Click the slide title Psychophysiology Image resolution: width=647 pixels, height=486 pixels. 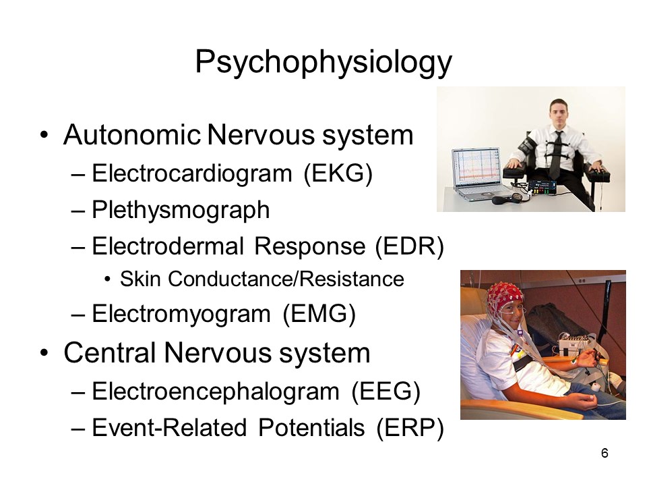click(x=323, y=62)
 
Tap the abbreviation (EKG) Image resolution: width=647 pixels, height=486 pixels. click(x=338, y=173)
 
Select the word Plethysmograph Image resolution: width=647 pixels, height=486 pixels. click(x=181, y=210)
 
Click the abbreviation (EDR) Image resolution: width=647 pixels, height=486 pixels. click(x=409, y=246)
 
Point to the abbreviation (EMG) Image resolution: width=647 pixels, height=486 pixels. click(x=319, y=314)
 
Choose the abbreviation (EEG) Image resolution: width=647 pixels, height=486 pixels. click(x=386, y=391)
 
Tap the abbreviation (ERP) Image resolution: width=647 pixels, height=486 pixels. click(x=410, y=428)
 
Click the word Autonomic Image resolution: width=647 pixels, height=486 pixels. click(x=132, y=135)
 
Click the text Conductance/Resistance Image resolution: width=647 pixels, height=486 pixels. click(x=286, y=279)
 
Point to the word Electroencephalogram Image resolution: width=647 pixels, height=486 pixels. click(x=216, y=392)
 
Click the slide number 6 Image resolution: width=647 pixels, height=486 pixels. click(x=605, y=454)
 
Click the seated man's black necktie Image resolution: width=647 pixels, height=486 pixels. click(x=556, y=154)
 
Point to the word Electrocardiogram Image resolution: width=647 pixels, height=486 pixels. click(x=192, y=173)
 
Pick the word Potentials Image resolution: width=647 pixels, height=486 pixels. click(x=311, y=427)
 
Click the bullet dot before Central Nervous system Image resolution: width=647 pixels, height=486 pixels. click(x=44, y=353)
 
